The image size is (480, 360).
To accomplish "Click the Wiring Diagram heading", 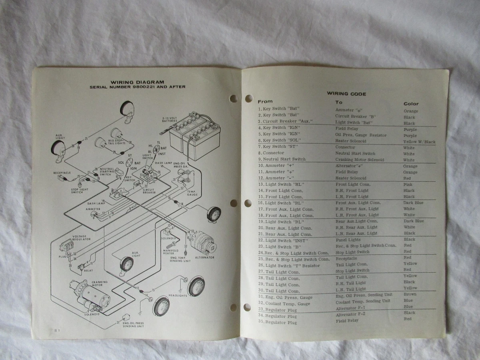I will coord(137,82).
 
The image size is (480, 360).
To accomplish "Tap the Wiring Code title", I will coord(346,94).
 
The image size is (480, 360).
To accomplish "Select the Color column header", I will coord(411,104).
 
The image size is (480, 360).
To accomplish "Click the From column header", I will coord(265,102).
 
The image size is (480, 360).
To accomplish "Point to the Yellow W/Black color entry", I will coord(419,142).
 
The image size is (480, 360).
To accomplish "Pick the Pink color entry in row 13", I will coord(408,184).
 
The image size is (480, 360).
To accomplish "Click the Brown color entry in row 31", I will coord(410,294).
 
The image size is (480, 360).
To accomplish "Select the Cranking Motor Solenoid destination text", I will coord(359,160).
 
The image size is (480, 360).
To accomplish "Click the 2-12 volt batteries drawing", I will coord(195,136).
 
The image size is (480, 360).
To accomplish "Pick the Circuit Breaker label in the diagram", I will coord(149,191).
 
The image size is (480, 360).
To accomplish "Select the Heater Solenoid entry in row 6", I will coord(350,142).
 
